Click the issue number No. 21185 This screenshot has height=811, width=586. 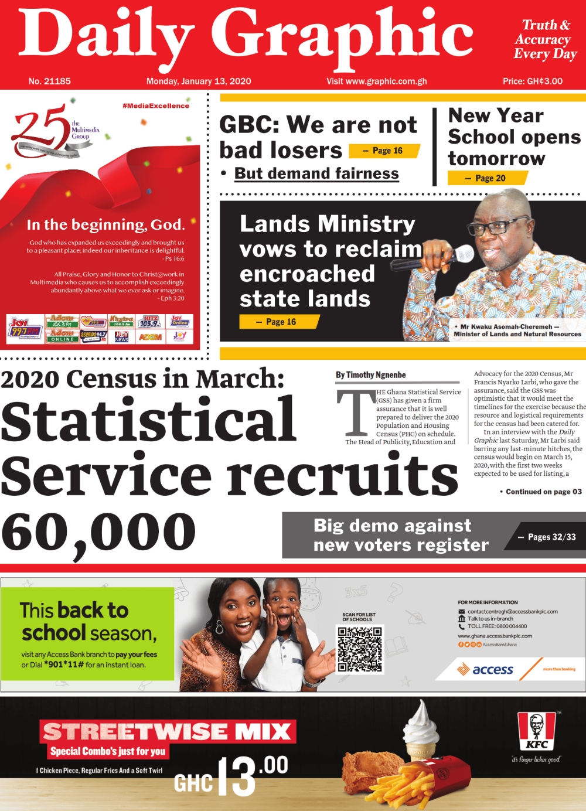(49, 81)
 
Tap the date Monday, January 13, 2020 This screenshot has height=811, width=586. (199, 81)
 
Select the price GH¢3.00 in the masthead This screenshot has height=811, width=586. (533, 81)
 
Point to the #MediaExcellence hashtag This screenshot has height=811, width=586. (156, 106)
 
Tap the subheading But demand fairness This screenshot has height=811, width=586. (316, 173)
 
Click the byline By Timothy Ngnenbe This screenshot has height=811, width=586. (371, 375)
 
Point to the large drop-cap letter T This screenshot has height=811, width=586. (355, 413)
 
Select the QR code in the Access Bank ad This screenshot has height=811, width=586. (360, 649)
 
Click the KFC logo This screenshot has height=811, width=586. (536, 731)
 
